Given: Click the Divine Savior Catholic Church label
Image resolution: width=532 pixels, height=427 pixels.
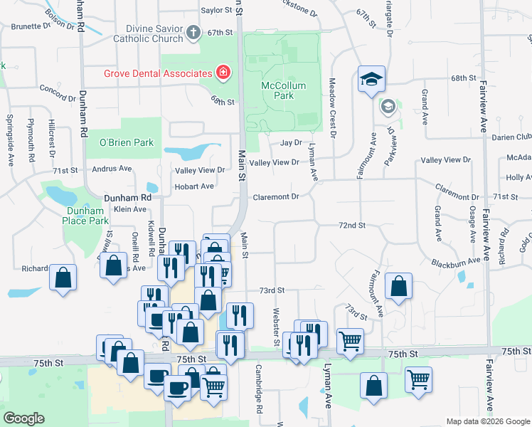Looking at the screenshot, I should (148, 33).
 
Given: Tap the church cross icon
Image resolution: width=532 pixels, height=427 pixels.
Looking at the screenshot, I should (193, 33).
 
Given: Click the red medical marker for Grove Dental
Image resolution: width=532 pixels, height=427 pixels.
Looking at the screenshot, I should (223, 73).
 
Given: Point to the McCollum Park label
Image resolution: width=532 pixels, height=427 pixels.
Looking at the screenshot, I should (283, 90).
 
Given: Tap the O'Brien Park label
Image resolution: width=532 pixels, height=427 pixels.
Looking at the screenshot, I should (127, 142).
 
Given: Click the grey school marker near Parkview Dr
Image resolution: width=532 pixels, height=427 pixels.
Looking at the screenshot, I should (388, 107).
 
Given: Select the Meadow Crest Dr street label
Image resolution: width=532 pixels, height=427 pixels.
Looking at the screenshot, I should (332, 109).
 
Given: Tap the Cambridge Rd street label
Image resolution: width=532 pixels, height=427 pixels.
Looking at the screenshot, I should (259, 389).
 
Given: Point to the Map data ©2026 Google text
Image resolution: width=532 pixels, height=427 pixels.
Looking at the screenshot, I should (487, 421).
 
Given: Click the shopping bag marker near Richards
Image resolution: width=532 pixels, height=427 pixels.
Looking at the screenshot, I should (63, 277).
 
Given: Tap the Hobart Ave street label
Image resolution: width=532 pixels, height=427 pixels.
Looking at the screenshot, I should (194, 186).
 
